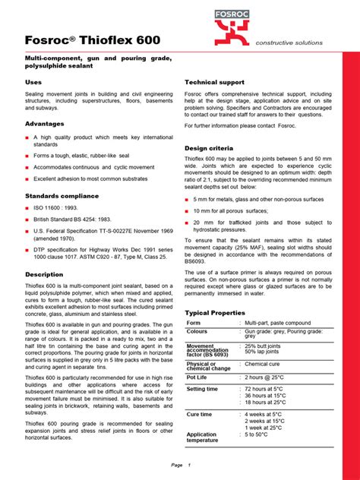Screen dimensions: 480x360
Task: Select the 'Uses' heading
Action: click(33, 81)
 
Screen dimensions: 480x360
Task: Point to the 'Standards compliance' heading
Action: click(63, 197)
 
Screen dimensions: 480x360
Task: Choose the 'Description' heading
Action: click(44, 274)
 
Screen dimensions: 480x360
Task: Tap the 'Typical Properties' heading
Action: click(218, 312)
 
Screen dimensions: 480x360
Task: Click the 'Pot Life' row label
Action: click(197, 377)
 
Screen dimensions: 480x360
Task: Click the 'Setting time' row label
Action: click(202, 390)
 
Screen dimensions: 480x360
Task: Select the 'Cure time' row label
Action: click(200, 415)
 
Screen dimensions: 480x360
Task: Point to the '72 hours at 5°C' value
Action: click(265, 389)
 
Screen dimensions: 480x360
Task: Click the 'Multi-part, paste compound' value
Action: click(277, 323)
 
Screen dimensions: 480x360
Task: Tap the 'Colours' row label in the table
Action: click(197, 332)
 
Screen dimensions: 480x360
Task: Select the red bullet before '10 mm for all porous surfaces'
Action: click(188, 210)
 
